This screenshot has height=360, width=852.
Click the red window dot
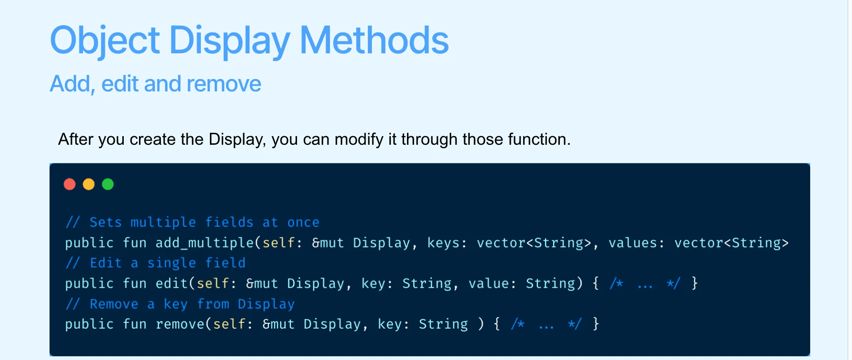[x=69, y=184]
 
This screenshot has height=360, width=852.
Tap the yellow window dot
[x=89, y=184]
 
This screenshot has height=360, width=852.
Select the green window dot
[x=108, y=184]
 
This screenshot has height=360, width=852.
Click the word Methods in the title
[x=374, y=40]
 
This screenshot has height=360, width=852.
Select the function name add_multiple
[x=205, y=243]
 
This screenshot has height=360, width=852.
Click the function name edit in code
[x=172, y=283]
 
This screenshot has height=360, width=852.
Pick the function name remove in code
[x=180, y=324]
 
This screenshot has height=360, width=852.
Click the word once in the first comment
[x=303, y=222]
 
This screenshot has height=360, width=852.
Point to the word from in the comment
[x=213, y=304]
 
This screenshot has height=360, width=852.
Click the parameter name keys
[x=443, y=243]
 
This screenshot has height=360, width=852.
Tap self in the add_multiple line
[x=279, y=243]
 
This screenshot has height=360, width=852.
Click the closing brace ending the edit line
[x=694, y=283]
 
